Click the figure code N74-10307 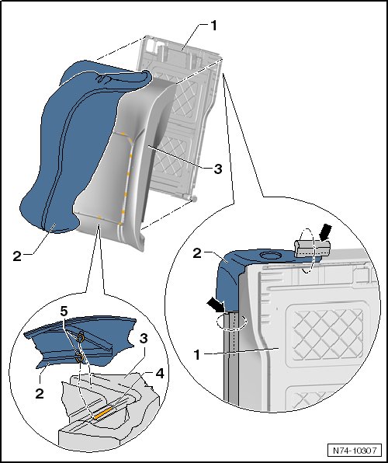point(355,451)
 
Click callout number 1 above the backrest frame point(213,26)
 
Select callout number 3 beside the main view point(218,169)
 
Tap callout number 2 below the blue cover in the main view point(17,256)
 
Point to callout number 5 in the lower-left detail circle point(64,312)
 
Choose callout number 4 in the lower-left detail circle point(160,374)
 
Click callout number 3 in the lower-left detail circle point(144,339)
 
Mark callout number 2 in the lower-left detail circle point(40,394)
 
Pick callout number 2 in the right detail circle point(197,253)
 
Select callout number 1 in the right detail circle point(197,355)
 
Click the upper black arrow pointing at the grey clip point(325,232)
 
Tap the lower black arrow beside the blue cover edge point(217,305)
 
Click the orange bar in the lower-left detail point(103,413)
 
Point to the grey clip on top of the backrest point(312,249)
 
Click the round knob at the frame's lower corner point(193,200)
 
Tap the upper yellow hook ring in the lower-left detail point(81,337)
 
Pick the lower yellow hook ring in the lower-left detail point(79,357)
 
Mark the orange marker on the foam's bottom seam point(99,218)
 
